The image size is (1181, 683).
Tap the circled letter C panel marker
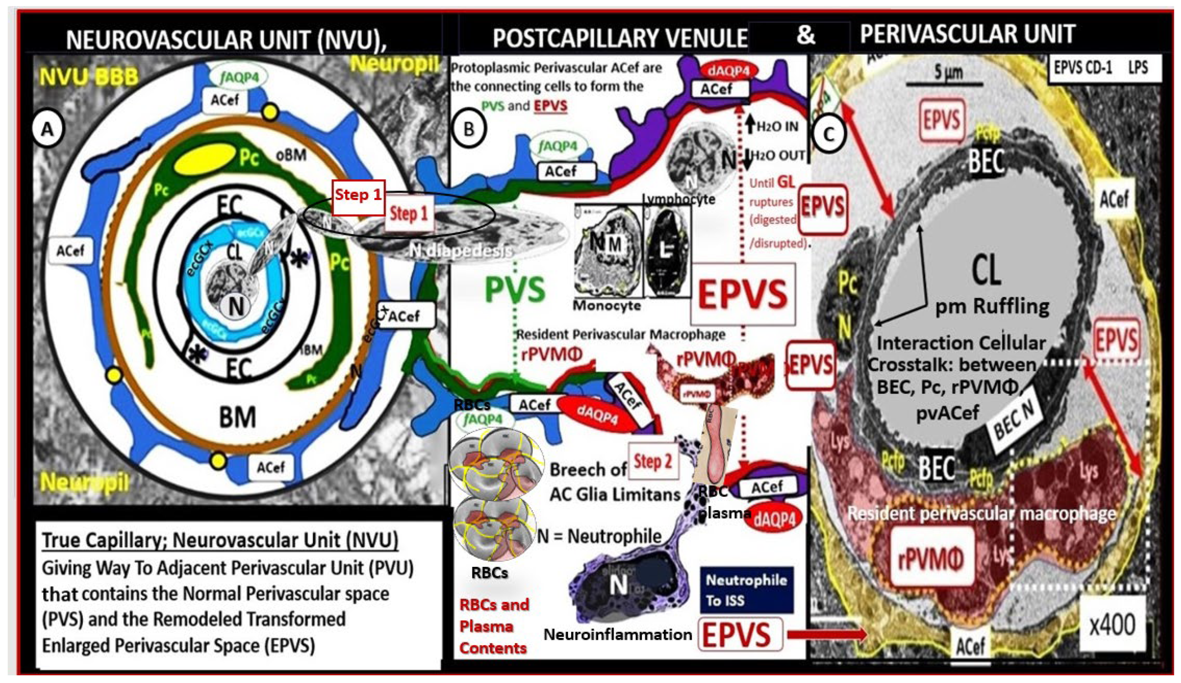[x=829, y=134]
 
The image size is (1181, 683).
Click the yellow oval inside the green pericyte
[x=205, y=158]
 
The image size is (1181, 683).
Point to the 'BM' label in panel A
[x=238, y=417]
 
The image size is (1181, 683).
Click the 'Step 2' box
[x=653, y=462]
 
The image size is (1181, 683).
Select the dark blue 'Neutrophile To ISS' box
[x=747, y=590]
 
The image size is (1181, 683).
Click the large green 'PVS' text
[x=515, y=290]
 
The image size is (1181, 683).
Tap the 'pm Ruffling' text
[x=992, y=307]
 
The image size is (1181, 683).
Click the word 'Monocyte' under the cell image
[x=607, y=306]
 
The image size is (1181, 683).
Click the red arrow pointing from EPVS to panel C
[x=827, y=635]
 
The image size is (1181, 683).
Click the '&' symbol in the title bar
[x=805, y=35]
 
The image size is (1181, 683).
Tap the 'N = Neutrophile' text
[x=599, y=536]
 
